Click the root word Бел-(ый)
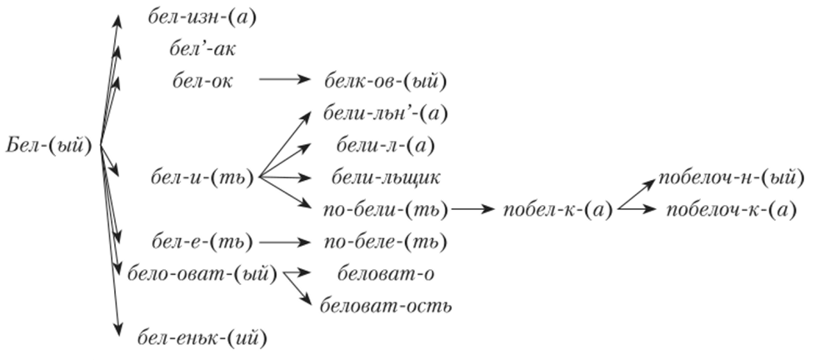[x=49, y=146]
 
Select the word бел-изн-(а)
[x=202, y=18]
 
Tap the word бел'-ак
[x=202, y=49]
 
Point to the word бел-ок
[x=202, y=82]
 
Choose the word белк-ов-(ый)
[x=386, y=82]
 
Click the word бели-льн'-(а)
[x=386, y=114]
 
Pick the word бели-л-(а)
[x=386, y=146]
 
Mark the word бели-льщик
[x=386, y=177]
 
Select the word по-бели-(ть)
[x=386, y=210]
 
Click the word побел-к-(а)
[x=558, y=210]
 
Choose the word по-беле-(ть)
[x=386, y=242]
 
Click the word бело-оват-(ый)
[x=202, y=273]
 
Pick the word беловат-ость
[x=386, y=306]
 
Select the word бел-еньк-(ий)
[x=202, y=338]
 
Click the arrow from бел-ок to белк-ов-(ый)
[x=284, y=79]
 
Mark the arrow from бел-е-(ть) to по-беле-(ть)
[x=284, y=242]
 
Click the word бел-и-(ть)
[x=202, y=178]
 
